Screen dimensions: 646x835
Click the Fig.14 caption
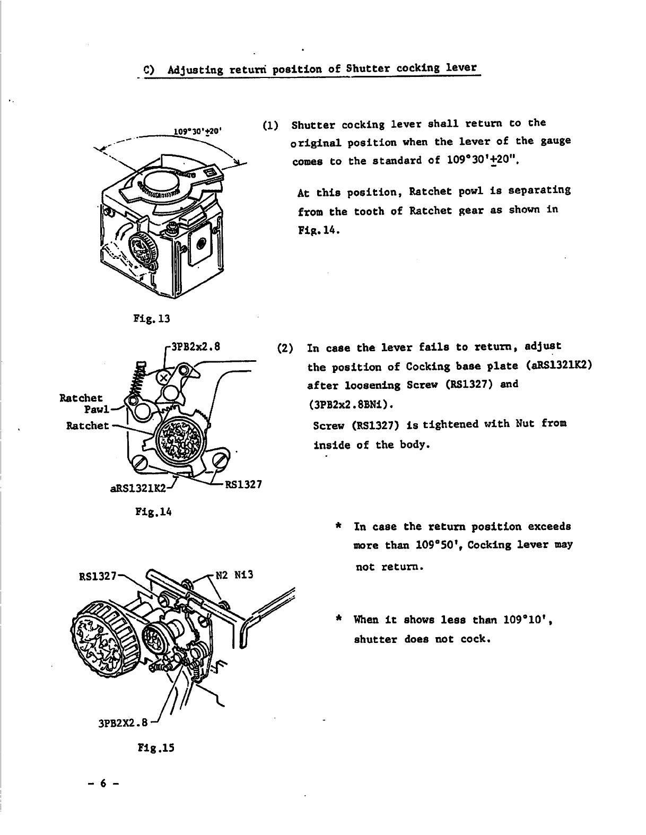(x=151, y=512)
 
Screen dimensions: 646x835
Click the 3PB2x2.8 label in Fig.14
(x=195, y=349)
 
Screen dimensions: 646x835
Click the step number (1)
(x=270, y=126)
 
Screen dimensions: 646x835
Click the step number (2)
(x=285, y=349)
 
